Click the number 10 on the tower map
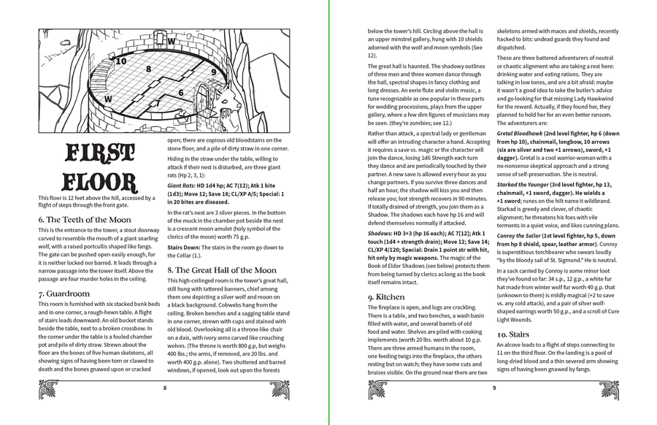coord(121,61)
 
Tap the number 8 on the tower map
coord(149,69)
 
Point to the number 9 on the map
coord(214,72)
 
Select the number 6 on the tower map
coord(180,93)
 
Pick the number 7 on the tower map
coord(157,104)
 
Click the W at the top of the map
coord(171,42)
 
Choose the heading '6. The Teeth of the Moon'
coord(85,219)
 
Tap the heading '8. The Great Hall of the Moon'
coord(222,270)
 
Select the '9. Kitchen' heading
coord(388,297)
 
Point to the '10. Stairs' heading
coord(518,334)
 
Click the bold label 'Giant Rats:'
coord(183,185)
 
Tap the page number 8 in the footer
coord(165,388)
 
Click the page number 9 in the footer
coord(494,388)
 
